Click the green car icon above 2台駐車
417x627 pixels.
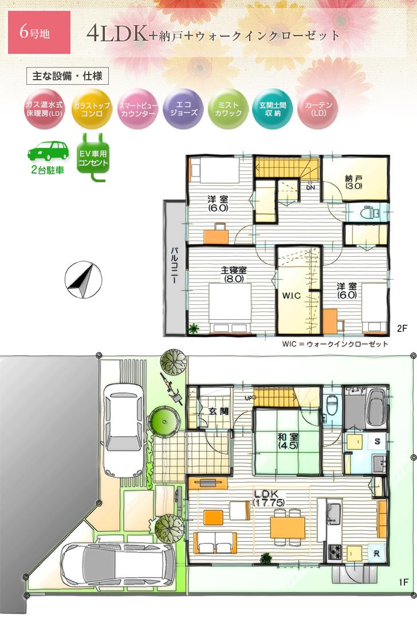[x=48, y=151]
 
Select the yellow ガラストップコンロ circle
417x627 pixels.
[x=92, y=109]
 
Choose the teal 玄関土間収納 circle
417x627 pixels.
[x=272, y=109]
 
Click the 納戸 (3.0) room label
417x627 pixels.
[x=353, y=182]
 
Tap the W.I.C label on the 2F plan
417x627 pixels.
[x=292, y=296]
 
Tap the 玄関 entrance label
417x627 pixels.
[x=217, y=411]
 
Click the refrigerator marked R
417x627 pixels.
[x=376, y=553]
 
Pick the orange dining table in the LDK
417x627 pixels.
[x=288, y=527]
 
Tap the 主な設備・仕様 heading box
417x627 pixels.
[x=68, y=76]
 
